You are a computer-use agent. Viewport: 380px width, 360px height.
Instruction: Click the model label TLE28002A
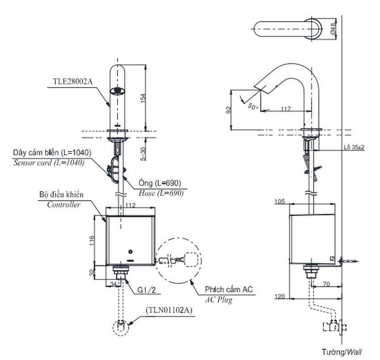[73, 82]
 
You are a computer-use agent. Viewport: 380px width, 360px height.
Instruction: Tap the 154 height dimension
[143, 98]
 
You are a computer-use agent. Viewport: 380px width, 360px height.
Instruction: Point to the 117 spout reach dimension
[286, 109]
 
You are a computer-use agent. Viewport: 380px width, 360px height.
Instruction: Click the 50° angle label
[253, 106]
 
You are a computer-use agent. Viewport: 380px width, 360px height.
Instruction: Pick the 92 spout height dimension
[228, 110]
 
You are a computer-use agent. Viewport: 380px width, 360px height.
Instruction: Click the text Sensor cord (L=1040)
[49, 163]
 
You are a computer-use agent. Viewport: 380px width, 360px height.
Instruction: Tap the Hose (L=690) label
[161, 193]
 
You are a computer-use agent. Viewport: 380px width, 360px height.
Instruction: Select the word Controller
[63, 205]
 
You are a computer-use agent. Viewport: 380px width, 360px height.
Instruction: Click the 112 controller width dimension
[131, 205]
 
